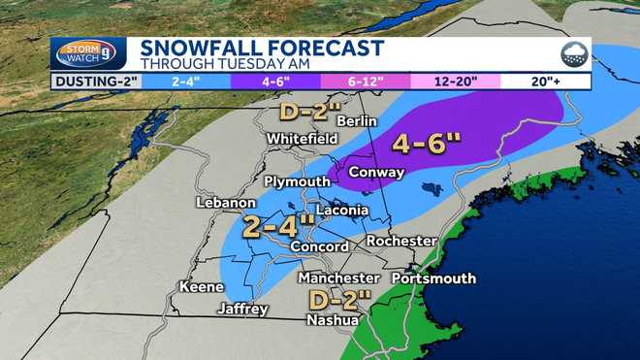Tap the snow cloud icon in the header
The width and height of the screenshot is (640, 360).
tap(573, 54)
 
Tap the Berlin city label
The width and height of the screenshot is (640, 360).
tap(356, 120)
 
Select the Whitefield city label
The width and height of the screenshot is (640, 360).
tap(302, 139)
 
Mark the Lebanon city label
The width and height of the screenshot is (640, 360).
tap(225, 203)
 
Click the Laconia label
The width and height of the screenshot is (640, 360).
tap(342, 210)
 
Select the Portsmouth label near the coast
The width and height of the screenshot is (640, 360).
tap(433, 278)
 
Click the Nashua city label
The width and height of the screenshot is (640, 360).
tap(332, 319)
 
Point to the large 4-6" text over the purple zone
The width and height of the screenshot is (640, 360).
tap(427, 145)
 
